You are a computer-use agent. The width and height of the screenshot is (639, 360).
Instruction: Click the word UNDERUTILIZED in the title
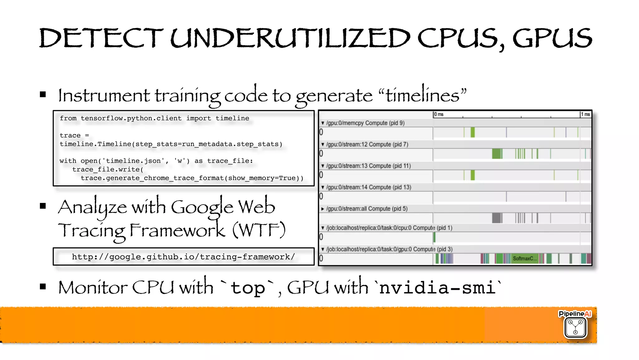[290, 38]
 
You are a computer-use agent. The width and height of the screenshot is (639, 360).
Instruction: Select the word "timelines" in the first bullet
[422, 95]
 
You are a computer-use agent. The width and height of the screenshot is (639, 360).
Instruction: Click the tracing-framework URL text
[183, 257]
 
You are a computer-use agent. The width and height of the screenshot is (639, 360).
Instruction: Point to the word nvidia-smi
[437, 287]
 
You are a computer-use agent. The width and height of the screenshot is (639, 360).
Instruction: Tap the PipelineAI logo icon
[575, 328]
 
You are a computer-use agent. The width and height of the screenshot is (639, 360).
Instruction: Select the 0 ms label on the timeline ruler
[439, 114]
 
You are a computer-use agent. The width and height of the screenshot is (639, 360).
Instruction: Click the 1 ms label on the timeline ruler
[585, 114]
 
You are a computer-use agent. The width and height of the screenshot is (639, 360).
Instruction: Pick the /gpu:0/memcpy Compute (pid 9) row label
[365, 123]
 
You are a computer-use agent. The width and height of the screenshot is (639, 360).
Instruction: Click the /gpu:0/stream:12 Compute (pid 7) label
[367, 144]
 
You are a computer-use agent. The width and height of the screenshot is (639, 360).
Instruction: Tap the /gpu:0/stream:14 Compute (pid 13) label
[368, 187]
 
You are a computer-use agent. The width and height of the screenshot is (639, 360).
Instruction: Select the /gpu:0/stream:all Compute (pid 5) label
[367, 209]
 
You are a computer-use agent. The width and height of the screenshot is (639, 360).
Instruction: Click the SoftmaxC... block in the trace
[525, 259]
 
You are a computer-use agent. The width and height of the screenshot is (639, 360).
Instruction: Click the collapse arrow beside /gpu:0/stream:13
[323, 166]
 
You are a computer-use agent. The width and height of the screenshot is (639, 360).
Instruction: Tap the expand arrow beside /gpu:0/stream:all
[323, 209]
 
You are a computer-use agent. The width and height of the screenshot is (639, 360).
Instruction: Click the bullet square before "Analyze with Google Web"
[43, 206]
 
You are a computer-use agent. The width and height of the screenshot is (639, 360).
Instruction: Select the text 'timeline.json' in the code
[133, 161]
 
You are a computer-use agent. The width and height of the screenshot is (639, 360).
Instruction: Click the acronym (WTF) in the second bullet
[259, 230]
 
